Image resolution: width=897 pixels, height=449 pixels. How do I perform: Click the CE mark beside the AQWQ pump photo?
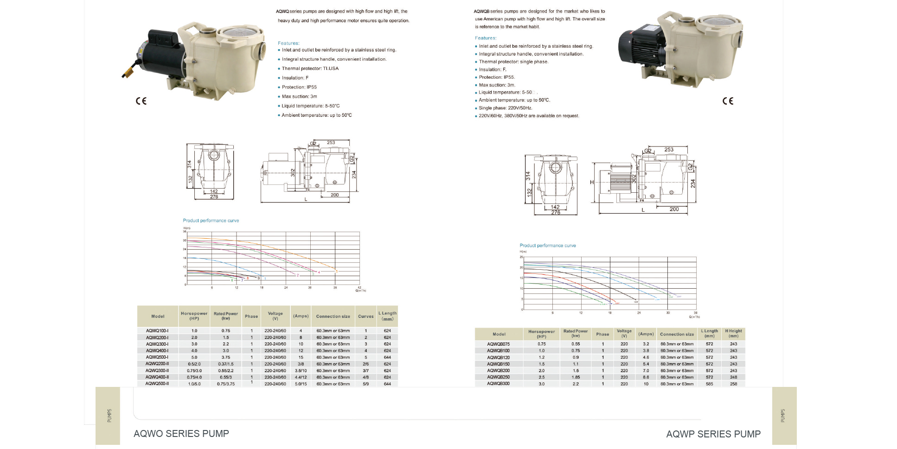pyautogui.click(x=141, y=101)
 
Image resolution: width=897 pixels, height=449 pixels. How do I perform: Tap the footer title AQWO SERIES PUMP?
pyautogui.click(x=181, y=434)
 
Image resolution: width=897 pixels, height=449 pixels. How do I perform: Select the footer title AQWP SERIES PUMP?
pyautogui.click(x=713, y=434)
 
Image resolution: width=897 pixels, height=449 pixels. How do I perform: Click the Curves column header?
pyautogui.click(x=365, y=316)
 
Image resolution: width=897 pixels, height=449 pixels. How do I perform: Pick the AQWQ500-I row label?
pyautogui.click(x=157, y=357)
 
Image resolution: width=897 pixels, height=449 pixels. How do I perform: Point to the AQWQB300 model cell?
pyautogui.click(x=498, y=384)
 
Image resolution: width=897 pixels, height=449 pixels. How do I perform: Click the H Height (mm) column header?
pyautogui.click(x=733, y=334)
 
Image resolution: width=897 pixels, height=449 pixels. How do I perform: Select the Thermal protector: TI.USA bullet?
pyautogui.click(x=310, y=69)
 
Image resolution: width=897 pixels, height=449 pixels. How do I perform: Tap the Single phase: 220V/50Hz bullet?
pyautogui.click(x=505, y=108)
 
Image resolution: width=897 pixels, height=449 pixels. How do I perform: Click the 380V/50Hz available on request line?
pyautogui.click(x=529, y=116)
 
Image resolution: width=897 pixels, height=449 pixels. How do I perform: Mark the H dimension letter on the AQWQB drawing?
pyautogui.click(x=592, y=183)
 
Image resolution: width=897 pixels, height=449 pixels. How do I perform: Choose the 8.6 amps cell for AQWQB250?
pyautogui.click(x=646, y=377)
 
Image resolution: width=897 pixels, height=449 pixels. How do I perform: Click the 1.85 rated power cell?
pyautogui.click(x=576, y=377)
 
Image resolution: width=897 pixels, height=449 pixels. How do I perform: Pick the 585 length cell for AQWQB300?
pyautogui.click(x=709, y=384)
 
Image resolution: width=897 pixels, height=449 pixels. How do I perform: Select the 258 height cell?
pyautogui.click(x=733, y=384)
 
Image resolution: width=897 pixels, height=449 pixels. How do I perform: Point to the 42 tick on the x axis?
pyautogui.click(x=359, y=288)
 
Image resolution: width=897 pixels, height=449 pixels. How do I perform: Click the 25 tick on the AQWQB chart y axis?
pyautogui.click(x=521, y=257)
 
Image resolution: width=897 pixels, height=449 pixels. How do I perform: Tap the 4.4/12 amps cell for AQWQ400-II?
pyautogui.click(x=301, y=377)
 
